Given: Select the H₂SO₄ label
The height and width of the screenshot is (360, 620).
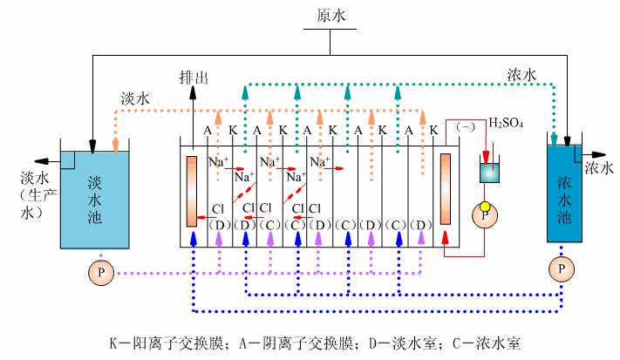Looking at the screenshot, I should (506, 123).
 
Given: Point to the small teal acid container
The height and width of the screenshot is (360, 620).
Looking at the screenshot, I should (489, 171).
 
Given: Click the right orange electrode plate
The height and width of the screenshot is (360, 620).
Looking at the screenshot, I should (446, 190).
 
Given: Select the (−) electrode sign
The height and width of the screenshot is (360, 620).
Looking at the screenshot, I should (464, 127).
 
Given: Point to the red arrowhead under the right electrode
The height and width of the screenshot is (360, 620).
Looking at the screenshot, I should (446, 236).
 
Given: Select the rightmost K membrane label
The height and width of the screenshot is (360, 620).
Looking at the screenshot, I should (433, 131).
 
